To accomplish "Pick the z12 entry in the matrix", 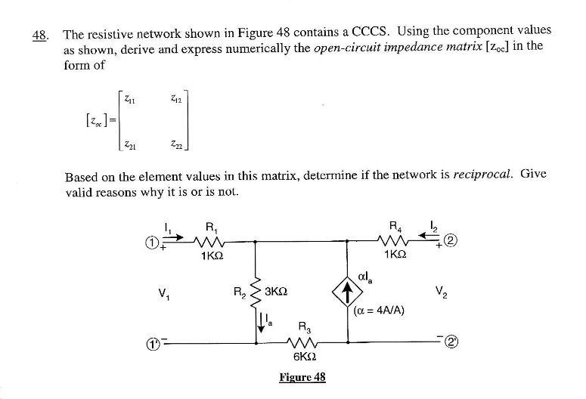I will coord(175,96).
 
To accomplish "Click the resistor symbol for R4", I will coord(393,242).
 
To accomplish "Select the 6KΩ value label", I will coord(302,358).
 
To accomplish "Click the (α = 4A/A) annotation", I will coord(380,308).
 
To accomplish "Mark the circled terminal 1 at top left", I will coord(151,243).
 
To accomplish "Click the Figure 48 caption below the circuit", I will coord(302,377).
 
